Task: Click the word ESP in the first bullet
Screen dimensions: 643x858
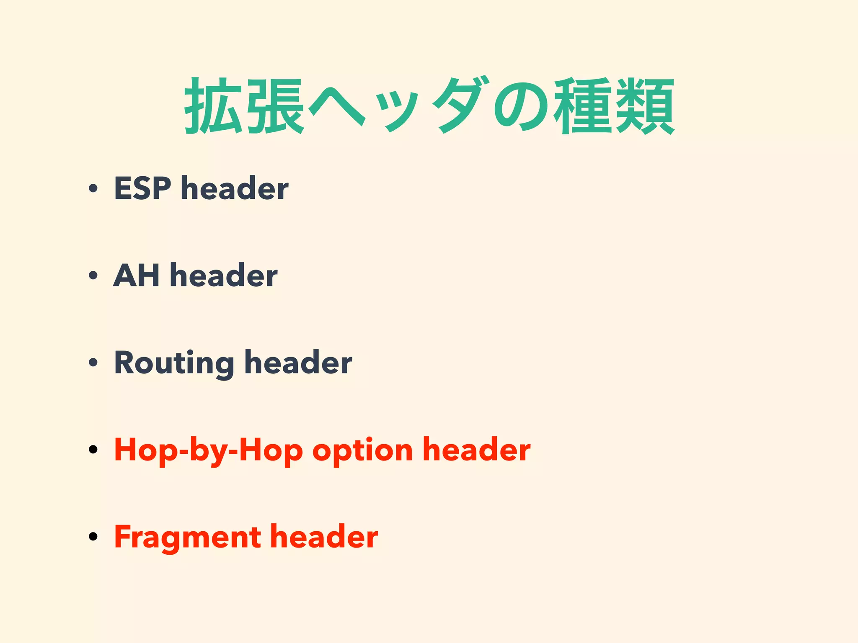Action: click(142, 188)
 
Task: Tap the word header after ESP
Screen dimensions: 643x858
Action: click(235, 188)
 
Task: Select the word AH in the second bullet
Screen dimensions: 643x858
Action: click(137, 275)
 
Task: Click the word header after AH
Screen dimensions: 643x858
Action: click(224, 275)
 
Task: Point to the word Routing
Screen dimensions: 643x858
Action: click(174, 363)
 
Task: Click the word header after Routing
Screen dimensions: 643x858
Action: click(298, 363)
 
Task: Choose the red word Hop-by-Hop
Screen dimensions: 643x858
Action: click(208, 450)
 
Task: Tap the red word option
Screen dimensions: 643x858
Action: click(363, 450)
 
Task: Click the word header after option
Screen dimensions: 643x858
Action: click(477, 450)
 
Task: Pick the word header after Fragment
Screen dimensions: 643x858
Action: click(324, 537)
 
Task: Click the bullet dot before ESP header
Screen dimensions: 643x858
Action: click(93, 189)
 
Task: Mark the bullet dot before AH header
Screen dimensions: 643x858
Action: click(93, 276)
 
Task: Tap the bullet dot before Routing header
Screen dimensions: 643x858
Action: click(93, 363)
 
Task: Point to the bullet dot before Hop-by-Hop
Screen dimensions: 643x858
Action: click(93, 450)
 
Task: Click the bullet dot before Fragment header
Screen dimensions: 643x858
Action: click(93, 537)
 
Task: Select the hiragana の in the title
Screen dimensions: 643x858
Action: click(521, 107)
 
